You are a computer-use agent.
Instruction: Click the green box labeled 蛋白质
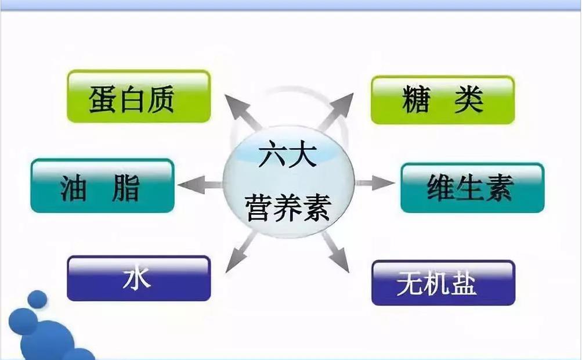138,96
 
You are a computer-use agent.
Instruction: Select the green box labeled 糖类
442,99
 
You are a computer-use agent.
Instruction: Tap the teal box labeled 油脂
102,185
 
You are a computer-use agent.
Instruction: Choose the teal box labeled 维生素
472,188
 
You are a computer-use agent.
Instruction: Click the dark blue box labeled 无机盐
443,283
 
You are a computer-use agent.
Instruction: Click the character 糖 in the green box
417,100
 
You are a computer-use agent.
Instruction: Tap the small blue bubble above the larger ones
38,299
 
